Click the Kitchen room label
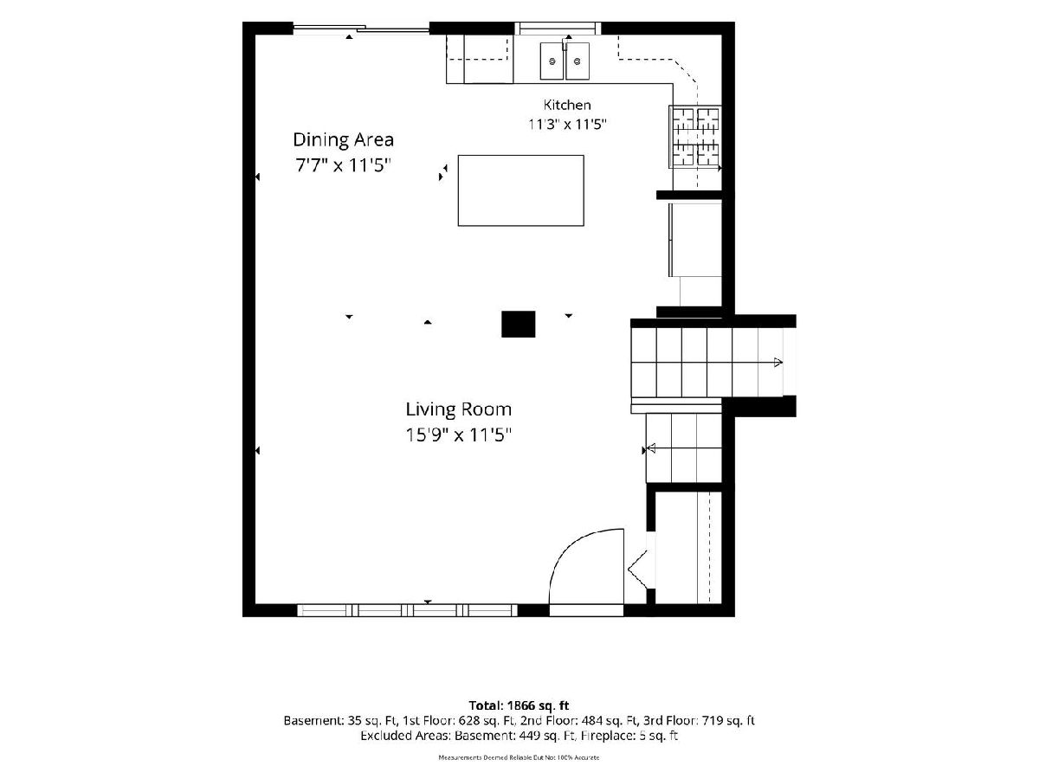tap(566, 105)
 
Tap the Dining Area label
tap(343, 139)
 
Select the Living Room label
tap(458, 409)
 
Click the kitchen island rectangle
tap(520, 190)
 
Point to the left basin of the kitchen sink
tap(552, 61)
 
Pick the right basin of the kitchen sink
tap(578, 61)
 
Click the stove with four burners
tap(695, 136)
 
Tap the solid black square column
tap(519, 324)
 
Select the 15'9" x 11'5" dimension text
tap(458, 435)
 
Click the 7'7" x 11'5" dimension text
tap(343, 165)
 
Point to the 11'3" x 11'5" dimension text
tap(567, 124)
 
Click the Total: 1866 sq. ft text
tap(519, 705)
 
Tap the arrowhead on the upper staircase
tap(778, 363)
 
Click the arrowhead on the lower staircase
tap(651, 447)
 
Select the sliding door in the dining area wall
tap(361, 29)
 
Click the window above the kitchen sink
tap(558, 28)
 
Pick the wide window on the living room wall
tap(408, 610)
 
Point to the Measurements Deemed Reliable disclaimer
tap(519, 757)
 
